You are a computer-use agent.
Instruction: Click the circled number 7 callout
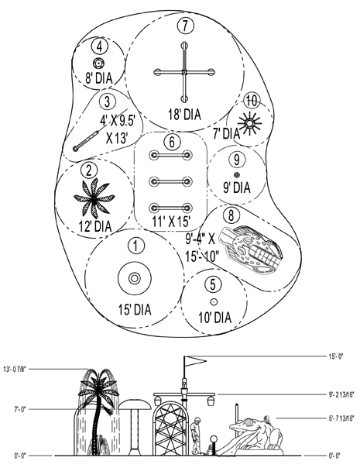(x=186, y=26)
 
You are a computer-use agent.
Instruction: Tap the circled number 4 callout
(x=100, y=47)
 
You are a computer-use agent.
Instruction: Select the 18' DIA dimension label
(x=184, y=115)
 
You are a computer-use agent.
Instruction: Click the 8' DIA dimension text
(x=99, y=78)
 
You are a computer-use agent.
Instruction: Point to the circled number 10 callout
(x=252, y=101)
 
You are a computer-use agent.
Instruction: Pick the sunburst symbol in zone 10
(x=249, y=122)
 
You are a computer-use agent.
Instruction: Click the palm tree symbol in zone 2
(x=94, y=198)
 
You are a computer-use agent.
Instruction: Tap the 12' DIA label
(x=95, y=226)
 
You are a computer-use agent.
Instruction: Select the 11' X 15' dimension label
(x=171, y=222)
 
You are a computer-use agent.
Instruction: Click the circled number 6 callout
(x=172, y=142)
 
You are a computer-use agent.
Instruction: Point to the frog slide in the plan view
(x=251, y=249)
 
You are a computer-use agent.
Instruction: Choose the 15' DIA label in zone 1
(x=135, y=309)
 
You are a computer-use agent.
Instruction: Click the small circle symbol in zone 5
(x=214, y=302)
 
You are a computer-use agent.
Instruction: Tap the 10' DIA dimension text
(x=215, y=318)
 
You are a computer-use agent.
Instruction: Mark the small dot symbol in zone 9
(x=237, y=175)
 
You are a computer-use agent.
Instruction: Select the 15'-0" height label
(x=336, y=356)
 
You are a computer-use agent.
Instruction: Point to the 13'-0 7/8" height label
(x=15, y=369)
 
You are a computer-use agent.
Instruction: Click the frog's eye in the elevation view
(x=249, y=422)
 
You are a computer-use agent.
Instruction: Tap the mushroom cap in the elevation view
(x=135, y=404)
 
